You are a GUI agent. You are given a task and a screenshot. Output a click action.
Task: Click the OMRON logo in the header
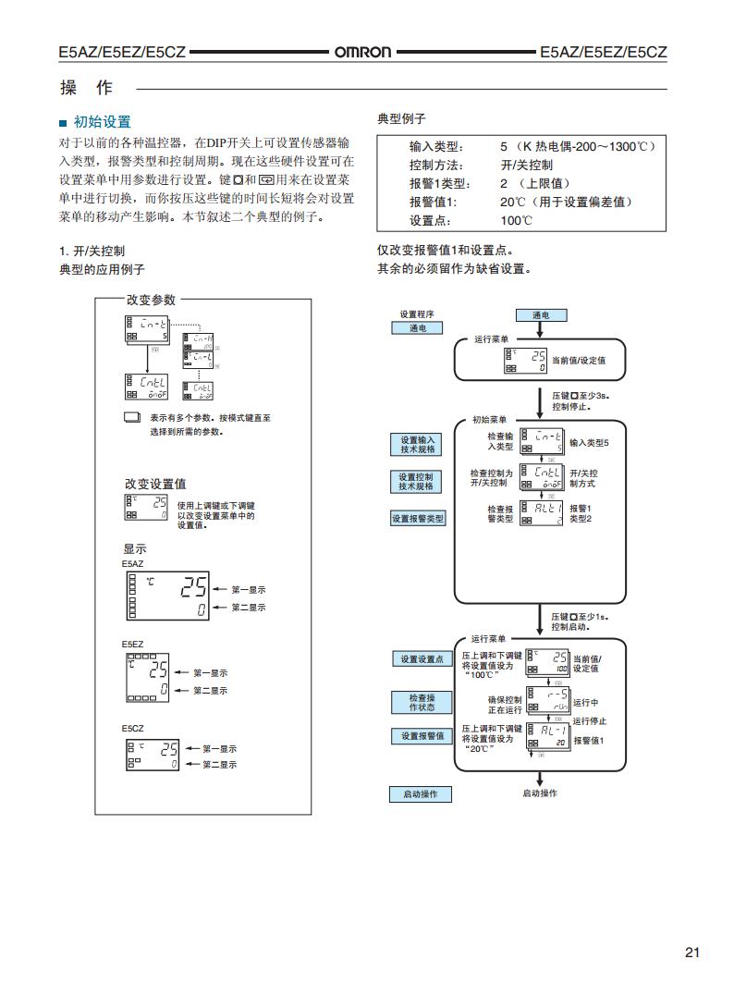click(362, 53)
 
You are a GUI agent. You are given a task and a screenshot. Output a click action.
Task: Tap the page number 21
click(692, 953)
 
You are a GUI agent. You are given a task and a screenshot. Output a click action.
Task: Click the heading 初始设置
click(102, 121)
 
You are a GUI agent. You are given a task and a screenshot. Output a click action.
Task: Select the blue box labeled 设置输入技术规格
click(417, 444)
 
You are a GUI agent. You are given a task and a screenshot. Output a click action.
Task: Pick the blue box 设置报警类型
click(418, 519)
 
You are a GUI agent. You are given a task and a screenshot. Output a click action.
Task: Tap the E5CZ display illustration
click(152, 755)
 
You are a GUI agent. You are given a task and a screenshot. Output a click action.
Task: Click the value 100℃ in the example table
click(517, 220)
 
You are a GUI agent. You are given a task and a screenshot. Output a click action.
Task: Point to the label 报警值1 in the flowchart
click(588, 740)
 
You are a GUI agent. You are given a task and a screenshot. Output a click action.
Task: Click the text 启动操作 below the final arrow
click(540, 793)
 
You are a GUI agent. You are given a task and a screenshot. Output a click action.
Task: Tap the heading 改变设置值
click(155, 484)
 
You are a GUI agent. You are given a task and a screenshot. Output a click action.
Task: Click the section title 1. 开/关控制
click(92, 251)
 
